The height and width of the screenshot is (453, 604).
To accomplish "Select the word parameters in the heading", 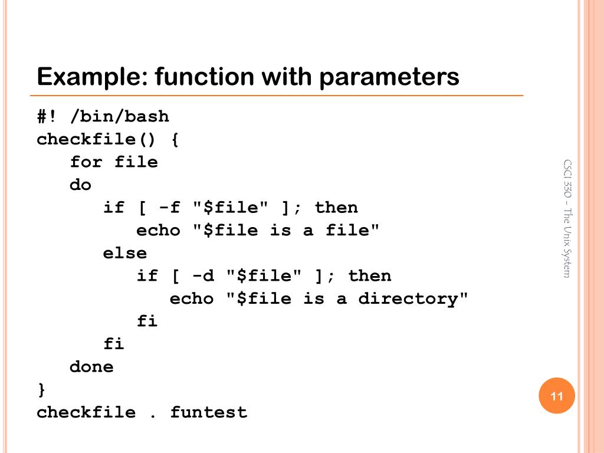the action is (389, 77).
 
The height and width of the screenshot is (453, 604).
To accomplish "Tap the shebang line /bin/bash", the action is (119, 117).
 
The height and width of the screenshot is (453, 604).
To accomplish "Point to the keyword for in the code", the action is (86, 162).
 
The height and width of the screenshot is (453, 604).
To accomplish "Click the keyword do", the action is (81, 185).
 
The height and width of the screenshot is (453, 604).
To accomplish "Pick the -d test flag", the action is (203, 275).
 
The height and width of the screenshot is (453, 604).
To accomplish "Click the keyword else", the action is (124, 253).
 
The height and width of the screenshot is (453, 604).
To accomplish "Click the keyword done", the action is (91, 367).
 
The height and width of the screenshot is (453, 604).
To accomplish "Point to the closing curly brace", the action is (41, 389).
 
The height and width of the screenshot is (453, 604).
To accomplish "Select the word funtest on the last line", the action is (208, 412).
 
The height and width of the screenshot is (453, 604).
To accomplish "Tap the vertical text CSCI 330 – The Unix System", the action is (567, 218).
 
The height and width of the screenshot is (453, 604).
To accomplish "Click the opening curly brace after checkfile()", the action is (175, 139).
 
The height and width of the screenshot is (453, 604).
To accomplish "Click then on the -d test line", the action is (369, 275).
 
